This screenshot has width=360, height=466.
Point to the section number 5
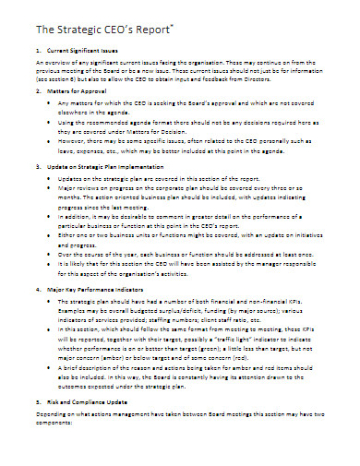pos(36,429)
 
